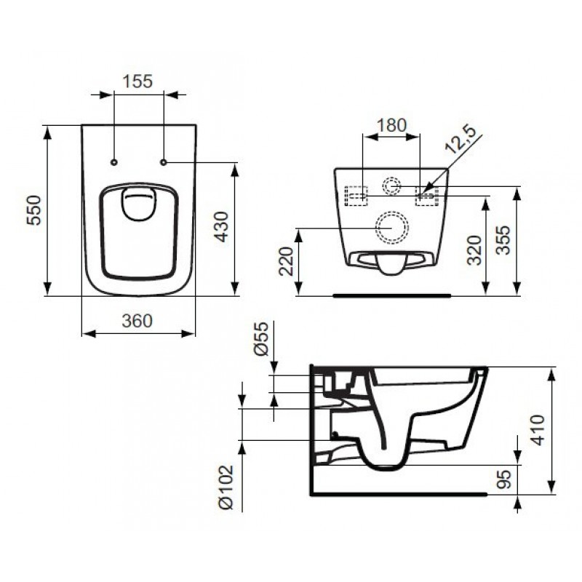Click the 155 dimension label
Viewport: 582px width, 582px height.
(137, 81)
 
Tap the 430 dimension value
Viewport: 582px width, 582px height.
(222, 226)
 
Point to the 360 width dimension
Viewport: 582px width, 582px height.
(137, 321)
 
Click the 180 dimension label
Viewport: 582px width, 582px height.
(391, 125)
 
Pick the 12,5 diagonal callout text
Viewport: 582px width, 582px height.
(461, 140)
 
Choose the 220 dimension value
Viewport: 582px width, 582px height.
(286, 261)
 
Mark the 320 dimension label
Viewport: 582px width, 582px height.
(474, 250)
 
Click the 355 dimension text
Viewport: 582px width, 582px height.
(503, 240)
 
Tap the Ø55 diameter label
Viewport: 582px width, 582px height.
(262, 338)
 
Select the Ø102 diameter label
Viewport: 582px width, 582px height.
(226, 487)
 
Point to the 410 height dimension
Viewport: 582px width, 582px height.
(538, 430)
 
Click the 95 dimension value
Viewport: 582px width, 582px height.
(503, 479)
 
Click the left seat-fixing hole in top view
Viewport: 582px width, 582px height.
(114, 162)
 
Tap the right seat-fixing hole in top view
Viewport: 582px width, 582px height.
(164, 162)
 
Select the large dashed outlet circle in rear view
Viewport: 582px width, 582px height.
(392, 228)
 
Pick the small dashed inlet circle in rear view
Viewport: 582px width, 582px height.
(391, 186)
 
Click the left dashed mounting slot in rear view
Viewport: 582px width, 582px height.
(356, 196)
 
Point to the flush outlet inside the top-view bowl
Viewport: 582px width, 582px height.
(138, 204)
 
